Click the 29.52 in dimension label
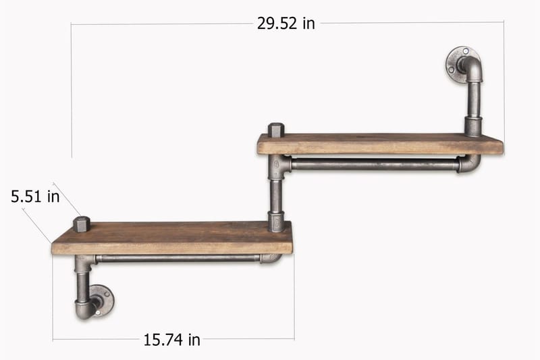pyautogui.click(x=286, y=24)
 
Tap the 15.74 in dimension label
pyautogui.click(x=171, y=340)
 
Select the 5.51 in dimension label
pyautogui.click(x=35, y=197)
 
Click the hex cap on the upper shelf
pyautogui.click(x=276, y=130)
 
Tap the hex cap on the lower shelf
pyautogui.click(x=82, y=224)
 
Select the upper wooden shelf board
pyautogui.click(x=380, y=144)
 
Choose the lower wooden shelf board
pyautogui.click(x=172, y=238)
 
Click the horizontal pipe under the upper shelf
pyautogui.click(x=375, y=164)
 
